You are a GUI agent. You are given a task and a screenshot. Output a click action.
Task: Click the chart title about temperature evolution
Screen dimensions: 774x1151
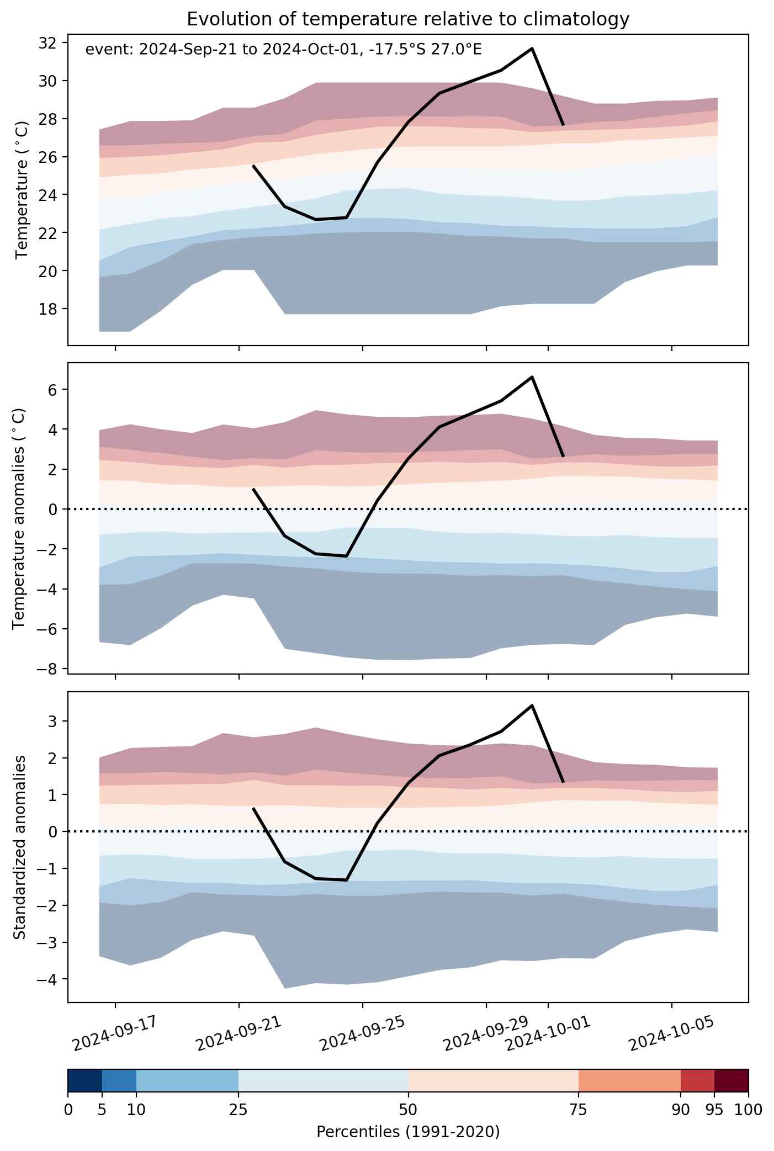pyautogui.click(x=408, y=19)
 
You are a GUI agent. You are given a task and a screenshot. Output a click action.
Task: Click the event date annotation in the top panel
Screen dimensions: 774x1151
pyautogui.click(x=284, y=50)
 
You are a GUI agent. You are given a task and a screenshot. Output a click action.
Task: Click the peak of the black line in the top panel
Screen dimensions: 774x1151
pyautogui.click(x=532, y=49)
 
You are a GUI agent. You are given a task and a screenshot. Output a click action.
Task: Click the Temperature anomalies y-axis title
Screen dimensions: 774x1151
pyautogui.click(x=19, y=518)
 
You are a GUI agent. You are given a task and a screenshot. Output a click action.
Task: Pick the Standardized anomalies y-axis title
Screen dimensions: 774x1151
pyautogui.click(x=19, y=847)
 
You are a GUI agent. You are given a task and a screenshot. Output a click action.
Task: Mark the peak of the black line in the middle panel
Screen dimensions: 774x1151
pyautogui.click(x=532, y=377)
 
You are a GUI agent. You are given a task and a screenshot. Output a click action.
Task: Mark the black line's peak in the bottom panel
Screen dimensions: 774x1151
pyautogui.click(x=532, y=706)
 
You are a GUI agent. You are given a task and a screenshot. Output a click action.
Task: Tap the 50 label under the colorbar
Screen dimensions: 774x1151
pyautogui.click(x=409, y=1110)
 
